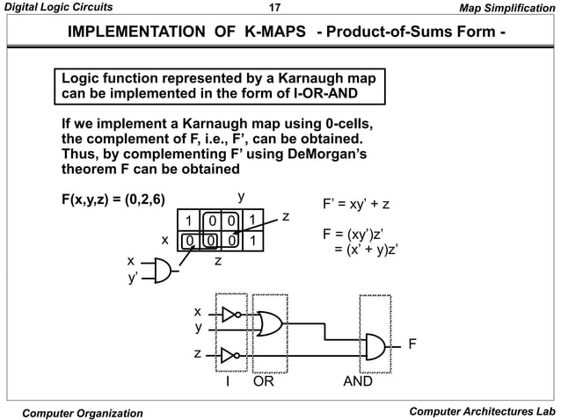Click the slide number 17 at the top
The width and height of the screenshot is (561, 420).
pyautogui.click(x=272, y=9)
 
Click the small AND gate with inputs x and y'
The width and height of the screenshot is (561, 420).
pyautogui.click(x=161, y=269)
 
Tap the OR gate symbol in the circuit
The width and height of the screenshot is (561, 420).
pyautogui.click(x=269, y=324)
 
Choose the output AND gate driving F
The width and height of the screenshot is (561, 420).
pyautogui.click(x=377, y=345)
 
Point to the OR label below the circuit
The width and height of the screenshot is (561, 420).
pyautogui.click(x=264, y=383)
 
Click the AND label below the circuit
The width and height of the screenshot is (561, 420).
pyautogui.click(x=356, y=383)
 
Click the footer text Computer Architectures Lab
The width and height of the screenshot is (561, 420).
pyautogui.click(x=482, y=412)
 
